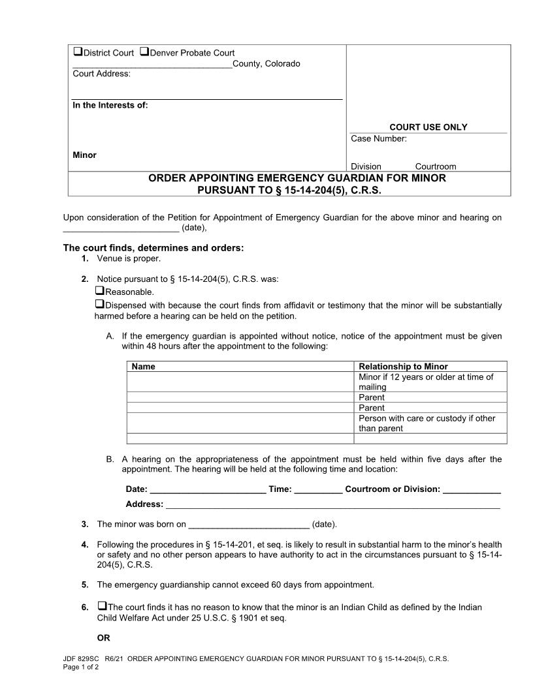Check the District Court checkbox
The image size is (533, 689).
click(x=77, y=52)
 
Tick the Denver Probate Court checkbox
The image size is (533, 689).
click(x=144, y=52)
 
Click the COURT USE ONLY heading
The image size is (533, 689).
click(x=428, y=127)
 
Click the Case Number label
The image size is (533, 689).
click(x=378, y=138)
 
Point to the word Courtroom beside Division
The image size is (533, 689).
click(x=435, y=166)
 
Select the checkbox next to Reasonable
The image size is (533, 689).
click(x=100, y=291)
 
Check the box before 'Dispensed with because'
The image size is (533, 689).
click(x=100, y=305)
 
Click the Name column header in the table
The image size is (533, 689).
click(x=143, y=366)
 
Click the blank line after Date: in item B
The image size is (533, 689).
click(x=208, y=489)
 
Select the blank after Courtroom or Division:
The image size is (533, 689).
click(x=472, y=489)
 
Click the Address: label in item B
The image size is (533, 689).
click(x=144, y=504)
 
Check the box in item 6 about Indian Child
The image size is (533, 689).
click(x=102, y=606)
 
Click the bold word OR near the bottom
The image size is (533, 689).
click(x=103, y=637)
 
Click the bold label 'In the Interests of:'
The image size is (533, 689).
click(x=110, y=105)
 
